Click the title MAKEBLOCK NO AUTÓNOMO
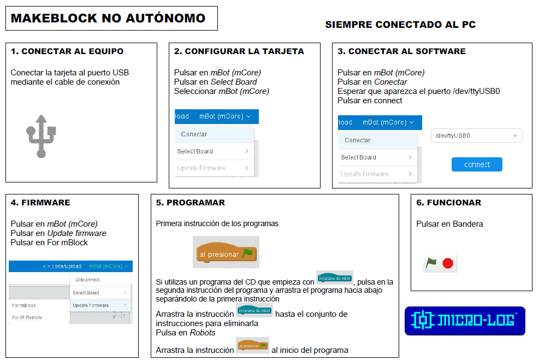108,18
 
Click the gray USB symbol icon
41,135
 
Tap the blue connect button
477,164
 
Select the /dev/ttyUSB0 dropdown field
477,135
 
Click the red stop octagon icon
448,264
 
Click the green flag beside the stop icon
431,263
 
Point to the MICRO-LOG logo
465,321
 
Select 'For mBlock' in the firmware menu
24,305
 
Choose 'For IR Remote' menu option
27,317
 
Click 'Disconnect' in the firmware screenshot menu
87,280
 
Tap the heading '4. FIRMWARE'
40,203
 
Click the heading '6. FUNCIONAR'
448,203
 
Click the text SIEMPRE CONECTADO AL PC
400,25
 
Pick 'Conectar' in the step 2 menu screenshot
194,134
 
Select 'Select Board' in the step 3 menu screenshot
358,157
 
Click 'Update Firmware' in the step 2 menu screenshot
201,168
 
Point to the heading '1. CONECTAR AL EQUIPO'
67,51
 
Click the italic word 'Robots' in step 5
203,333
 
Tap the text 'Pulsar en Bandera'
449,224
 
